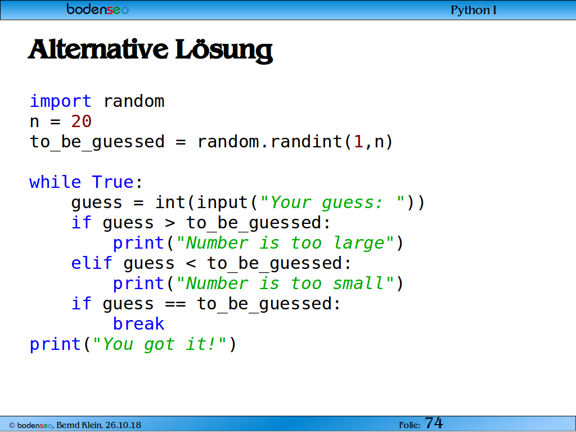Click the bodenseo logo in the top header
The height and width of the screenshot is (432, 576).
(98, 9)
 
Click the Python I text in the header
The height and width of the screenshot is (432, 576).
(474, 10)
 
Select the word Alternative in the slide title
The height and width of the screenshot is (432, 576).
(98, 49)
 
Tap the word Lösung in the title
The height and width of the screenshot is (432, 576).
(224, 51)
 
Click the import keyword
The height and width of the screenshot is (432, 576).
(61, 101)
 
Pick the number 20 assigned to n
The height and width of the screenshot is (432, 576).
(81, 121)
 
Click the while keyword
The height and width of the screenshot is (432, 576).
(55, 182)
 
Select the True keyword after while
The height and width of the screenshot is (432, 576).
(112, 182)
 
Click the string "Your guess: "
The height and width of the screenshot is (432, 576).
(332, 202)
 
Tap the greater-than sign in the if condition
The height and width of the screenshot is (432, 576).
(170, 223)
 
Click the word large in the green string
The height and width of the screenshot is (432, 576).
(359, 243)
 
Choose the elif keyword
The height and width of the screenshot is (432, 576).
(92, 263)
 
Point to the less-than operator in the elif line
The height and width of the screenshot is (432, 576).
(191, 263)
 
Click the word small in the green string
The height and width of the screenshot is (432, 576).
(358, 283)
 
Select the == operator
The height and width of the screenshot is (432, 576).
(175, 304)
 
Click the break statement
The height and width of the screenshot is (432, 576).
(138, 323)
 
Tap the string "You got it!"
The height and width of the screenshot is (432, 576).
(159, 344)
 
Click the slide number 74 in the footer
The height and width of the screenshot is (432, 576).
(434, 423)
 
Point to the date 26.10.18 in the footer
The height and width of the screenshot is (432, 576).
(123, 425)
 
